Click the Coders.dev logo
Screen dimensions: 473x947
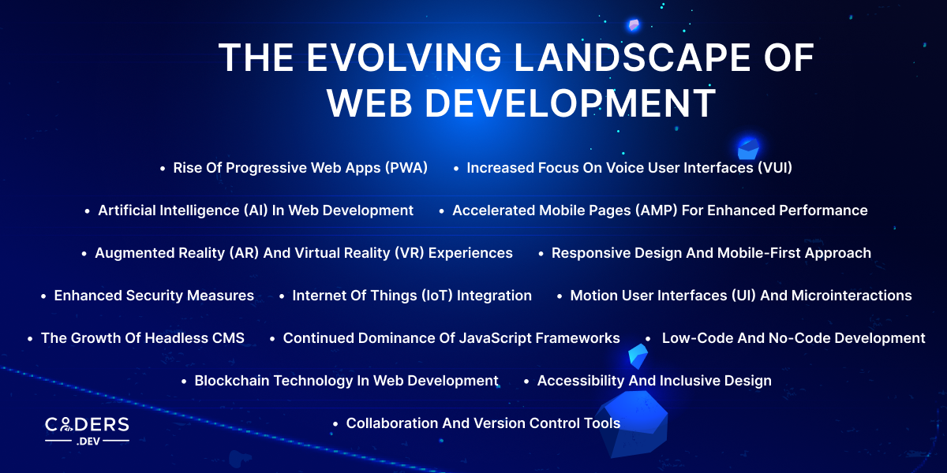tap(87, 430)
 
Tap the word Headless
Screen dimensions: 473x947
tap(172, 338)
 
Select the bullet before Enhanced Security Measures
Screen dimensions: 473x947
tap(44, 296)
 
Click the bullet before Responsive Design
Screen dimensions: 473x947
tap(541, 254)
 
